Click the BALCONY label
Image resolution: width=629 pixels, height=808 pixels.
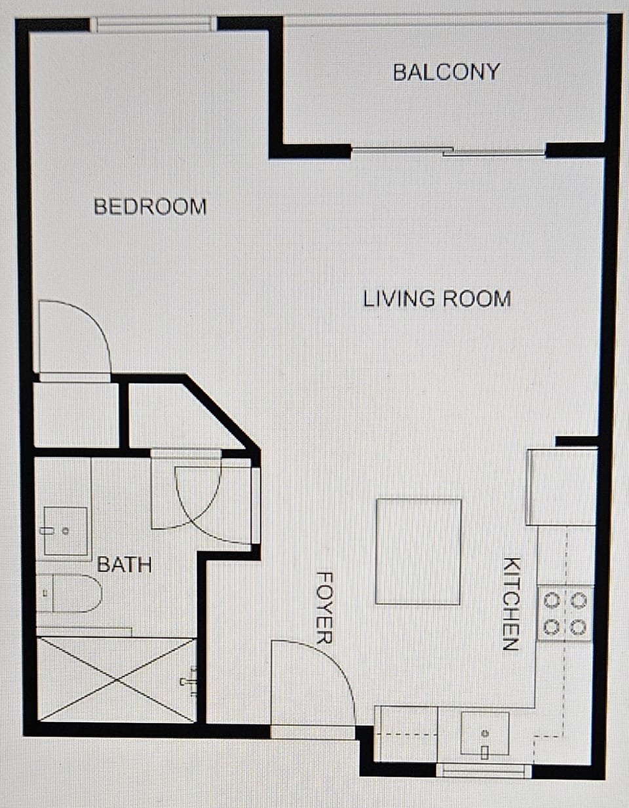click(446, 71)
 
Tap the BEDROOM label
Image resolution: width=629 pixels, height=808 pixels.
click(150, 206)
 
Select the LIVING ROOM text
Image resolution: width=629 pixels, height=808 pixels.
click(437, 299)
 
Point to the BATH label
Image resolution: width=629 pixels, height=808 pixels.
click(124, 564)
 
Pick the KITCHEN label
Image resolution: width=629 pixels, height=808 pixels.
click(511, 604)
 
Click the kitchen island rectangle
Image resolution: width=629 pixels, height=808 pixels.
click(418, 551)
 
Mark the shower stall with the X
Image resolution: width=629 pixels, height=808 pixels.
click(116, 680)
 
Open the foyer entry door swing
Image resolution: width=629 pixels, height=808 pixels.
click(313, 682)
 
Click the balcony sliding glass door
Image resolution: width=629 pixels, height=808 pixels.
click(449, 152)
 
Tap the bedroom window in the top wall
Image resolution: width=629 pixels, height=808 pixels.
click(153, 25)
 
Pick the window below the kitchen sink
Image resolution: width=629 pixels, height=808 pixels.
click(484, 771)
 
